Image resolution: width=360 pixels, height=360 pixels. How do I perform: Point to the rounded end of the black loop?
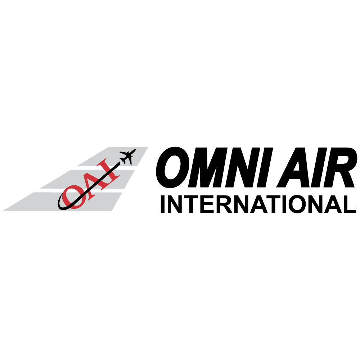(x=60, y=205)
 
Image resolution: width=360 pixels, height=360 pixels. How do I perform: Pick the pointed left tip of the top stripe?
(x=78, y=166)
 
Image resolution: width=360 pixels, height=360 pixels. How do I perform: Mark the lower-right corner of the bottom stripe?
(x=111, y=211)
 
